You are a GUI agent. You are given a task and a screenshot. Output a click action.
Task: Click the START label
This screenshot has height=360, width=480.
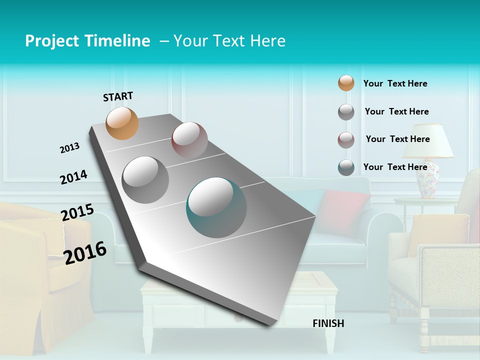click(118, 96)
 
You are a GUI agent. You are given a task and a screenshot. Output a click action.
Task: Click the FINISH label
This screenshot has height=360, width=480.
click(328, 323)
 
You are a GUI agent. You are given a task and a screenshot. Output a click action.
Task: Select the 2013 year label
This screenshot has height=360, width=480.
click(69, 148)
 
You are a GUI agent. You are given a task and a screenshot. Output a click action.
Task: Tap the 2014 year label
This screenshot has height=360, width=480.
click(73, 177)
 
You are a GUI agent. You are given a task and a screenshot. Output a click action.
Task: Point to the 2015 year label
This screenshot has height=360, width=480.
click(77, 212)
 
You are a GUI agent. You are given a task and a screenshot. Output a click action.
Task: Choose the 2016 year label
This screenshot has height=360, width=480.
click(85, 252)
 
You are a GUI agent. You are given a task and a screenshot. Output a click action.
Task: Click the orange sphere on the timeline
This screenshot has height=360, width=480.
click(122, 123)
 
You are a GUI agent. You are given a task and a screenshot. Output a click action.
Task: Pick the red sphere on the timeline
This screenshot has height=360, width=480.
click(189, 139)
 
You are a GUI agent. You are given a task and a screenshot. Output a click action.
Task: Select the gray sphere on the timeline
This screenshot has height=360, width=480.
click(145, 179)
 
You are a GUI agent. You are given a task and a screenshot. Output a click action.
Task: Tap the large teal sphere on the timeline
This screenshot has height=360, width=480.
click(216, 207)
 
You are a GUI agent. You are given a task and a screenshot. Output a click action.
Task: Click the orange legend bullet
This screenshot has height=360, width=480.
click(346, 83)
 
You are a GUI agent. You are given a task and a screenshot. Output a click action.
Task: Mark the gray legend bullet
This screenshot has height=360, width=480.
click(346, 112)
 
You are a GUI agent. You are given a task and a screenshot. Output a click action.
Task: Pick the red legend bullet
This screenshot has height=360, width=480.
click(346, 140)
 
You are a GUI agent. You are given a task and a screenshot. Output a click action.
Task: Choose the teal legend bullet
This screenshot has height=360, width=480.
click(346, 167)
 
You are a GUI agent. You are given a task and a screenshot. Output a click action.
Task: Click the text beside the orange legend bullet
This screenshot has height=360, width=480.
click(395, 83)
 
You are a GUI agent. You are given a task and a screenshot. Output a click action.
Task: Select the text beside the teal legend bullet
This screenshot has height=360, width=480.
click(395, 167)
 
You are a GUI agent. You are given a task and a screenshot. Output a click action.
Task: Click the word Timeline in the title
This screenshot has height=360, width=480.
click(117, 41)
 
